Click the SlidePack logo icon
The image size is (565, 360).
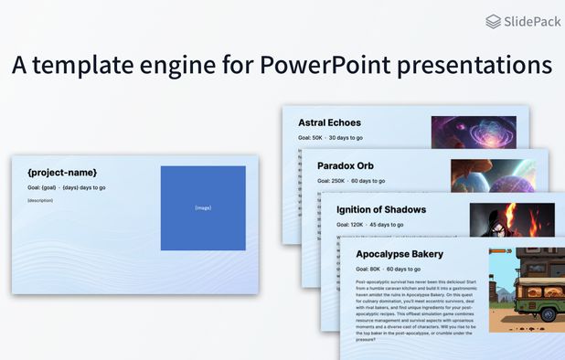point(494,21)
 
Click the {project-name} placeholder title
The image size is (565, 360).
point(62,173)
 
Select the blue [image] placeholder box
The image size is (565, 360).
point(203,207)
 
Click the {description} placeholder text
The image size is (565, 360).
point(40,200)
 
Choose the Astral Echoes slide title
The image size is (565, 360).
point(329,122)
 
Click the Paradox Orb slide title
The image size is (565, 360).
point(346,165)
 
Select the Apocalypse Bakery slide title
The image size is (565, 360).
point(400,253)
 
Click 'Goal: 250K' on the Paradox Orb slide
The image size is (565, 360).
point(331,181)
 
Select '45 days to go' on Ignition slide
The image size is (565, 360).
point(388,225)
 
